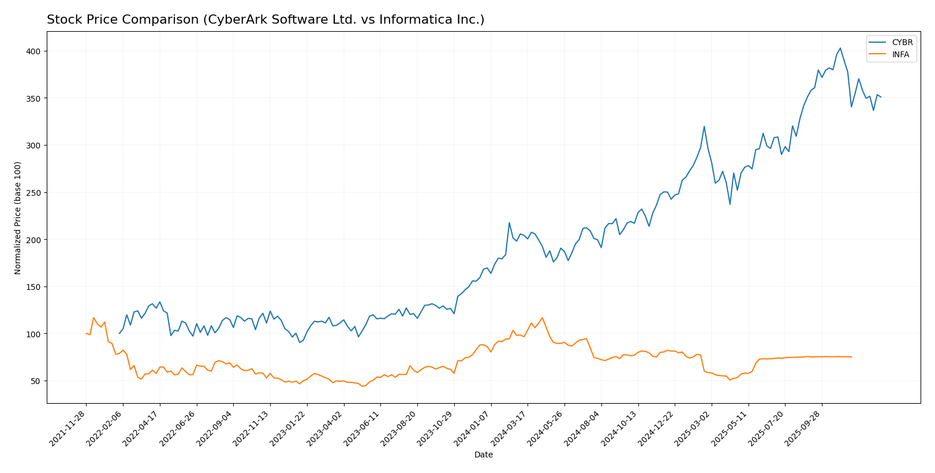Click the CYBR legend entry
(902, 43)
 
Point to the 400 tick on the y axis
(34, 51)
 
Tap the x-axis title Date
(484, 455)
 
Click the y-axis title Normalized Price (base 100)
(18, 218)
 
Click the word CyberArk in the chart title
(219, 20)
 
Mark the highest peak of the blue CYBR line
(840, 48)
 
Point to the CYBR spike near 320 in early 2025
(704, 126)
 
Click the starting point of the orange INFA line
(86, 333)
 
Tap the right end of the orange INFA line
(851, 357)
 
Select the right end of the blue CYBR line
(881, 97)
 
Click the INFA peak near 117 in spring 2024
(542, 318)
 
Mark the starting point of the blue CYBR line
(119, 333)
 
